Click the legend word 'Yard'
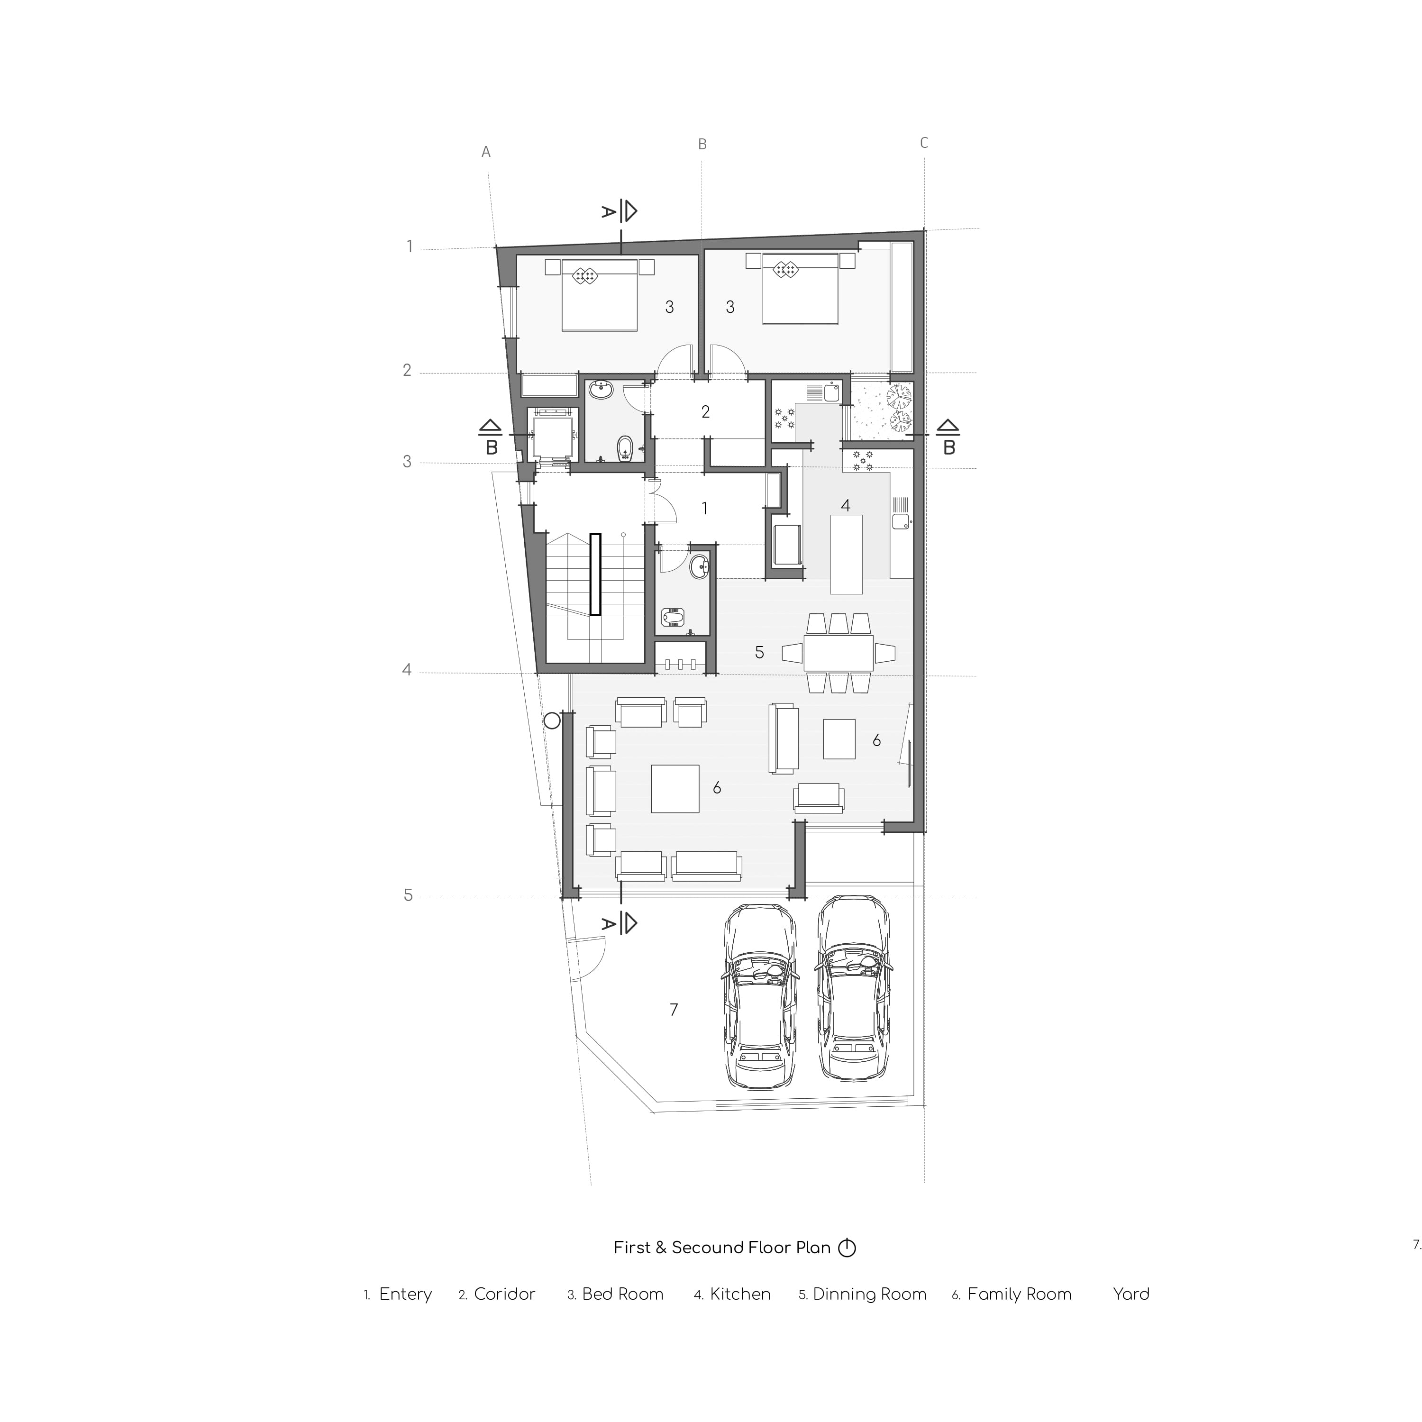(x=1131, y=1294)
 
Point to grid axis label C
(x=924, y=143)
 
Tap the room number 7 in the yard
(x=674, y=1010)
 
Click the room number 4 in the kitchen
(x=846, y=506)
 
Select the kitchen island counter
(x=847, y=554)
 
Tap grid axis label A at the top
(x=486, y=152)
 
